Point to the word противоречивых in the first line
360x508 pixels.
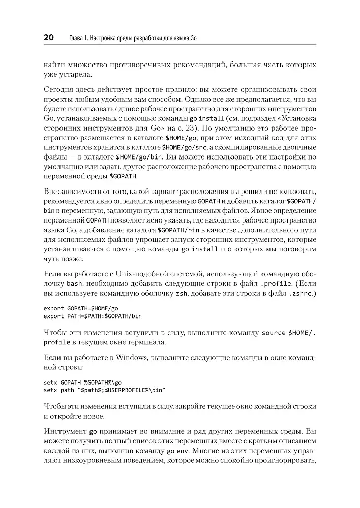click(x=155, y=66)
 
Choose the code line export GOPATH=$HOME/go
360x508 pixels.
click(x=81, y=308)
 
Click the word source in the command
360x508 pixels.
click(x=274, y=333)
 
